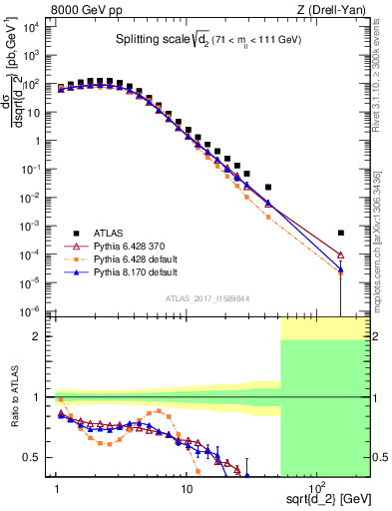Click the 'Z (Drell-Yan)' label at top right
pyautogui.click(x=333, y=10)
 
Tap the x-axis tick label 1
pyautogui.click(x=57, y=481)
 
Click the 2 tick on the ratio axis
pyautogui.click(x=44, y=336)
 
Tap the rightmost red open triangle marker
pyautogui.click(x=341, y=255)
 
